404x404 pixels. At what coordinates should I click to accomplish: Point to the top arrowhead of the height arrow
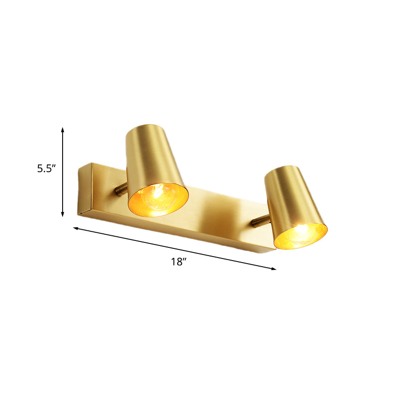point(63,130)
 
